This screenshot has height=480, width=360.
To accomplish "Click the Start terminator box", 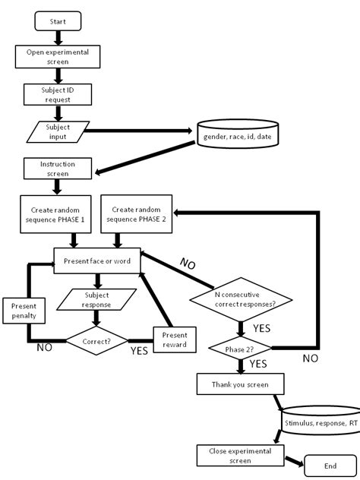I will (x=58, y=22).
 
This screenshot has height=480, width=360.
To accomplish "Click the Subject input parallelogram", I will (x=58, y=131).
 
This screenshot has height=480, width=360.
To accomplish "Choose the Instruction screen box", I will (x=58, y=169).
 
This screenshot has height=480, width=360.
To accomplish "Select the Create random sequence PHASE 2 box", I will (x=135, y=213).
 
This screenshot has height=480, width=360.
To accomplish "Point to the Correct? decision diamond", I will (x=96, y=342).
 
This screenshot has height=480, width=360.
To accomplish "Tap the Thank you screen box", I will (x=242, y=384).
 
